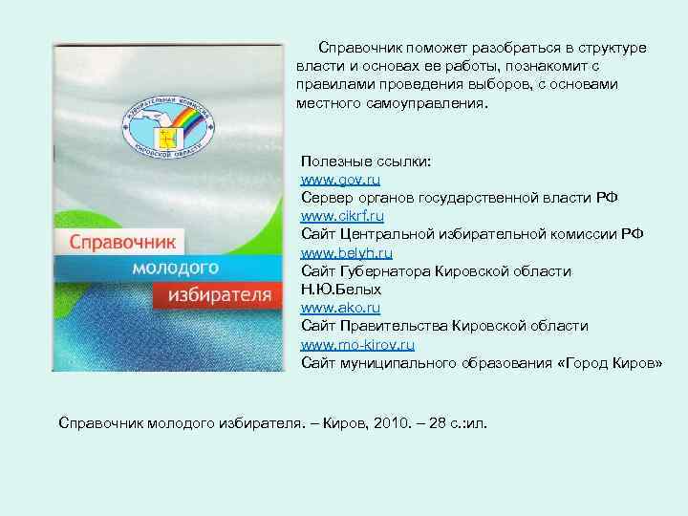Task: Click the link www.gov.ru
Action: [x=341, y=180]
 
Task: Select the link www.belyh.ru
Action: [x=347, y=253]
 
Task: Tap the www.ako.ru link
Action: [x=341, y=308]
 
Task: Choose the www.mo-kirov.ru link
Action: [x=358, y=344]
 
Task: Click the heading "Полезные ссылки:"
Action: [x=366, y=161]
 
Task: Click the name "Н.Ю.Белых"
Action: [x=341, y=289]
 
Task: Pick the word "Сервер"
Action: [x=325, y=198]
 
